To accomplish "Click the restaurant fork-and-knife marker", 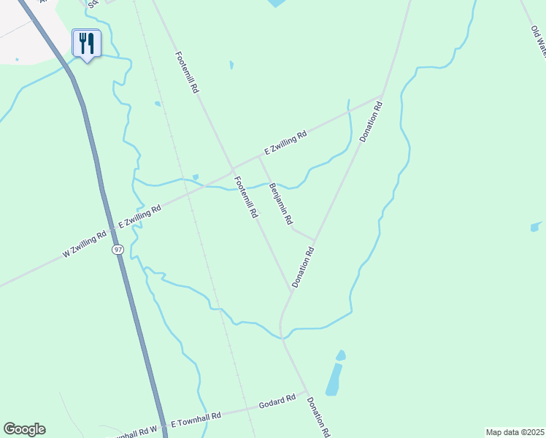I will (86, 43).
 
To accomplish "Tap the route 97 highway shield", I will (118, 250).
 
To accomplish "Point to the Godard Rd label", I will (277, 402).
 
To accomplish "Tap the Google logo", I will (24, 429).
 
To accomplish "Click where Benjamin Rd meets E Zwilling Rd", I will (260, 156).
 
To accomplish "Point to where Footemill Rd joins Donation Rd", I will (291, 288).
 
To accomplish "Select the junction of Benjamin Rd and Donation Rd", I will (314, 239).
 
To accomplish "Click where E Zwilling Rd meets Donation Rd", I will (382, 96).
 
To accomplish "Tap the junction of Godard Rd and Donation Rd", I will (306, 391).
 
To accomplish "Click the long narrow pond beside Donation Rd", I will (333, 380).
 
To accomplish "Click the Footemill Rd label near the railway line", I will (186, 71).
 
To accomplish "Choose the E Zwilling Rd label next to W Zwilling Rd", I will (139, 216).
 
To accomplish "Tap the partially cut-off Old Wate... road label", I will (539, 41).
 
